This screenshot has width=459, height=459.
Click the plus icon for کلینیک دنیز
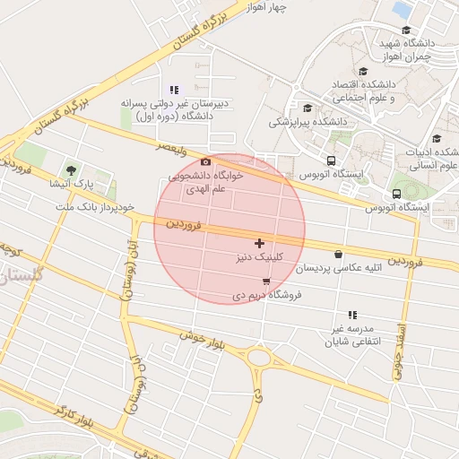coord(259,243)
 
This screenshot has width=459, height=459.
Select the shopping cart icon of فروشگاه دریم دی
coord(265,281)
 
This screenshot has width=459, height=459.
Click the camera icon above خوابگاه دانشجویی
coord(205,161)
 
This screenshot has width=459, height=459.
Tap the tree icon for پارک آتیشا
coord(71,169)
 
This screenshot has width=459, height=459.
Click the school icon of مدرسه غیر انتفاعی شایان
coord(352,315)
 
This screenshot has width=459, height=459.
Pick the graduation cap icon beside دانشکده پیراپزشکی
coord(307,108)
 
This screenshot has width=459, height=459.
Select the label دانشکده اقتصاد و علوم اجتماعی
coord(376,89)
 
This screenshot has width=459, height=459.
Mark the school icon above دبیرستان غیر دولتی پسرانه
coord(173,89)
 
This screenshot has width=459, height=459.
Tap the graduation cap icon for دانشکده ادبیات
coord(437,138)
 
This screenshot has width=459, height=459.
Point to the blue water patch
coord(403,9)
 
